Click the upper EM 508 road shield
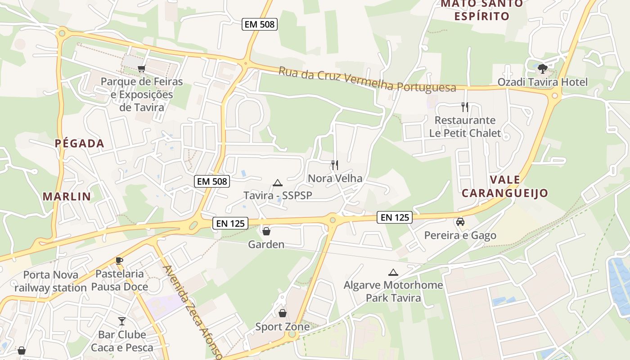pos(260,24)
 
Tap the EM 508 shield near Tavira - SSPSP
pos(212,181)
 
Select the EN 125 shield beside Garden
pos(230,223)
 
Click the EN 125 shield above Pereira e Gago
pos(395,217)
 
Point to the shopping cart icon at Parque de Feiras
pos(142,69)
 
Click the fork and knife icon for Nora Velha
pos(334,165)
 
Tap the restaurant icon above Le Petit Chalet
pos(465,107)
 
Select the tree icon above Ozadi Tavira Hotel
pos(543,69)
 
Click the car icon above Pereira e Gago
pos(460,222)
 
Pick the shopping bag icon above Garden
pos(266,231)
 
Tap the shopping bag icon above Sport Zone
pos(283,313)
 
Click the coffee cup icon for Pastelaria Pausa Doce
pos(119,261)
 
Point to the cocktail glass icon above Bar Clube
pos(122,321)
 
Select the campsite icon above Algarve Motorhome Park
pos(393,272)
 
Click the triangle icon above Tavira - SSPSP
pos(278,183)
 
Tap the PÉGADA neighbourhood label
pos(80,144)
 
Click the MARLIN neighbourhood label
pos(67,196)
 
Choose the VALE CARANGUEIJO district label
pos(504,187)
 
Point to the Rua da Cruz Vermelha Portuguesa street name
pos(367,80)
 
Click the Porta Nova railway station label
pos(50,281)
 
